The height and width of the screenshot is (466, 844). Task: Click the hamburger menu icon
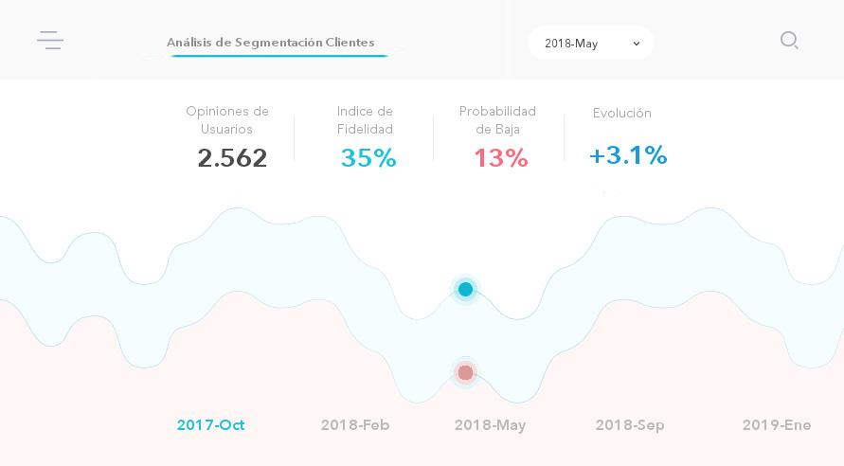coord(50,40)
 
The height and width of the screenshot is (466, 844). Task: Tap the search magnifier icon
coord(789,40)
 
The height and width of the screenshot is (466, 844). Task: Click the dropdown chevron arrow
coord(637,44)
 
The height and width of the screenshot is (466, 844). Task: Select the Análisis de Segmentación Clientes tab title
coord(270,43)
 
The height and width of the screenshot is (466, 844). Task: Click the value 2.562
coord(232,158)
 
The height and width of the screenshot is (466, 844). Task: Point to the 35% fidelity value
coord(368,158)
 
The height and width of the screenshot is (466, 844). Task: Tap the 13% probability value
coord(500,158)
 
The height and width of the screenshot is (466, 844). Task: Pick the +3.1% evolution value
coord(628,155)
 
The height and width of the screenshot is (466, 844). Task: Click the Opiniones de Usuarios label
coord(227,120)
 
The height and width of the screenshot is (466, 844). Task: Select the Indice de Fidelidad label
coord(365,120)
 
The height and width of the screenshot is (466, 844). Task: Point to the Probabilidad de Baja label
coord(497,120)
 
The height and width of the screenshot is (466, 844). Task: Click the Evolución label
coord(622,113)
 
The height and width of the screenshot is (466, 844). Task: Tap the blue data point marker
coord(465,289)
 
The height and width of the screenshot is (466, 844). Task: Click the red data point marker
coord(465,372)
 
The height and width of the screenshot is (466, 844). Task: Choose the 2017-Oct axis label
coord(210,425)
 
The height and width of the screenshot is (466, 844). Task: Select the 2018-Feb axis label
coord(355,425)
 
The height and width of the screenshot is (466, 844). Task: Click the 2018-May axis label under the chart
coord(490,425)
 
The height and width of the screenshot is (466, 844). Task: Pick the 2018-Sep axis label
coord(630,425)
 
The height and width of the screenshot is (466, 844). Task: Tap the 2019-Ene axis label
coord(777,425)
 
